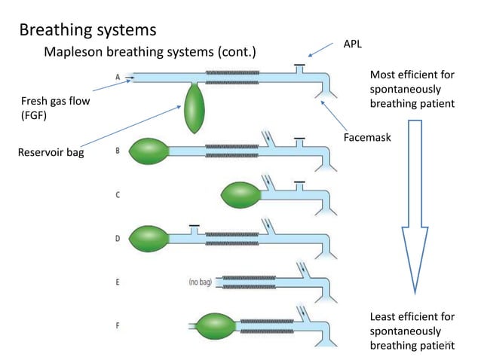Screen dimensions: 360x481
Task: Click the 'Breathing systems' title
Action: [87, 30]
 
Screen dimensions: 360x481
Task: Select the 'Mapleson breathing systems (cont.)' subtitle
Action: [150, 53]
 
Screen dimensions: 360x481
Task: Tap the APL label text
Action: [352, 44]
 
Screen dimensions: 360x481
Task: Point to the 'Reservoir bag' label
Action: [51, 154]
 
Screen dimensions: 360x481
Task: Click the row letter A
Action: [118, 77]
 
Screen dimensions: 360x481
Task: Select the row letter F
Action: [118, 325]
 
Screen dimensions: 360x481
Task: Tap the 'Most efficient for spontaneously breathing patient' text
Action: [412, 89]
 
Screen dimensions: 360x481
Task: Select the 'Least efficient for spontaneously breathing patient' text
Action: [412, 331]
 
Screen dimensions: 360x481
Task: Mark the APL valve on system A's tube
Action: [299, 68]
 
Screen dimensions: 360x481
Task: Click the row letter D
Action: [118, 239]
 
